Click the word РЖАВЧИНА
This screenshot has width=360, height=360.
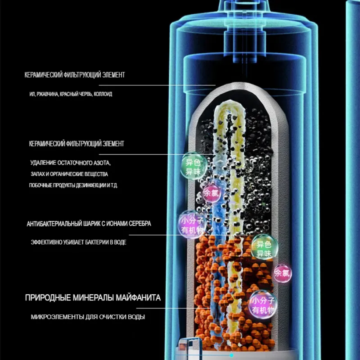tap(48, 94)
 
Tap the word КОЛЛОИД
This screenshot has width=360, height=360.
tap(103, 94)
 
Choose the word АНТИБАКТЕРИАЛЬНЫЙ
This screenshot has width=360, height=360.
tap(51, 224)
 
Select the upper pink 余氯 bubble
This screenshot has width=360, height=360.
tap(211, 193)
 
